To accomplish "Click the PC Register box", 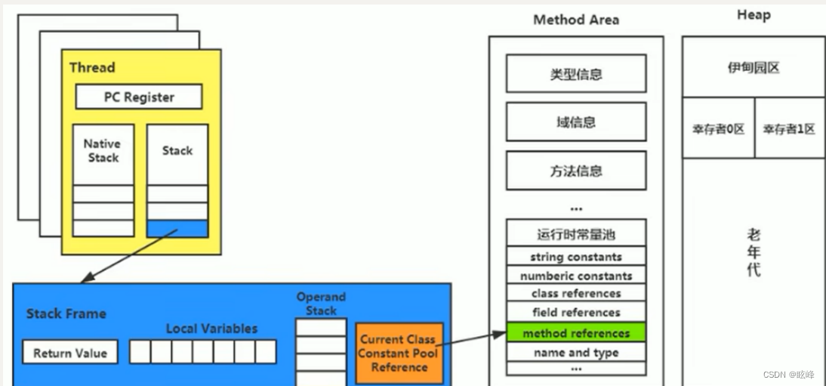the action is coord(139,97).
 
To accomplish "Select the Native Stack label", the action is coord(102,150).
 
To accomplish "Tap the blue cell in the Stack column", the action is coord(177,228).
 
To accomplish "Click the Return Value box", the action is coord(70,353).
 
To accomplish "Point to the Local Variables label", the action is coord(211,329).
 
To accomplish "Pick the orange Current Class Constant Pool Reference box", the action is coord(399,353).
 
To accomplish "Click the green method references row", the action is coord(575,333).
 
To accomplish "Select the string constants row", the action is coord(575,257).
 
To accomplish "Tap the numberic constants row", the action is coord(575,276).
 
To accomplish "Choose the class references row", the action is coord(575,294).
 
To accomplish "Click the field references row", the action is coord(575,313).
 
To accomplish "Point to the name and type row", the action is coord(575,353).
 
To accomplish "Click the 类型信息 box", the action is coord(575,74).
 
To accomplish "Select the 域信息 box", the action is coord(575,122).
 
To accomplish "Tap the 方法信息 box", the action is coord(575,171).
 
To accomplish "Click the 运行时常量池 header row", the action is coord(575,233).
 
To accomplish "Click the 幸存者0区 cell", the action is coord(718,128).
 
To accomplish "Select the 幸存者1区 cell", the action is coord(789,128).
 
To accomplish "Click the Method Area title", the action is coord(576,20).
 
